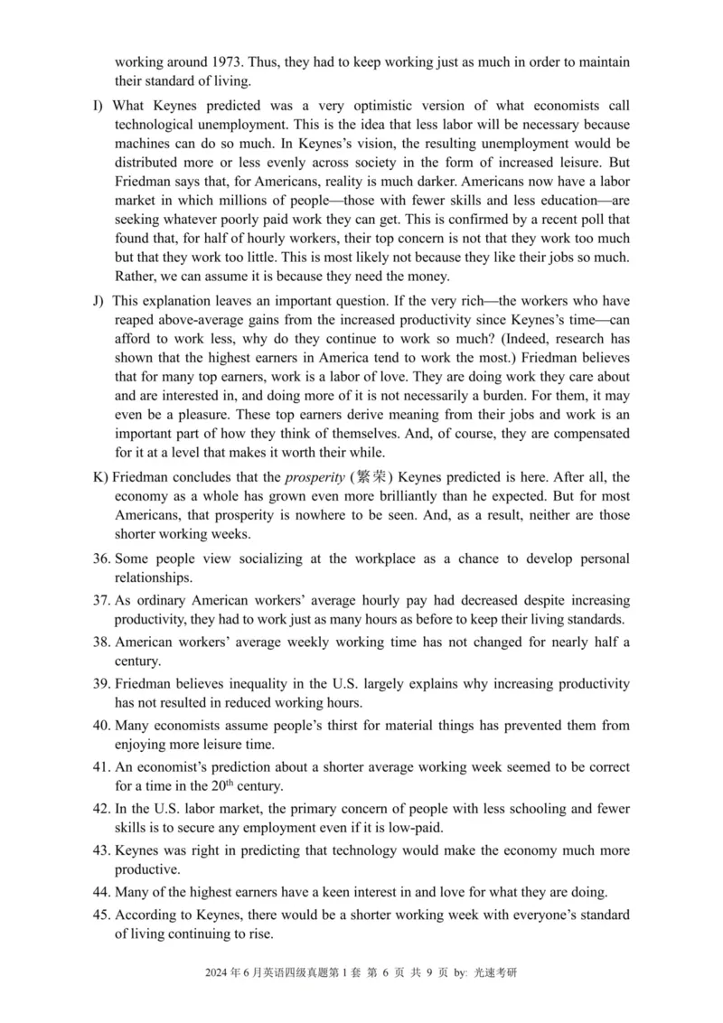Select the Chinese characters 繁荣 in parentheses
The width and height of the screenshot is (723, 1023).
point(372,476)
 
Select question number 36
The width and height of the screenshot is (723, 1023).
point(102,559)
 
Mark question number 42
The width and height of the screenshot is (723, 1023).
point(102,810)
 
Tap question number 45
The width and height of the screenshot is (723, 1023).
point(102,915)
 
